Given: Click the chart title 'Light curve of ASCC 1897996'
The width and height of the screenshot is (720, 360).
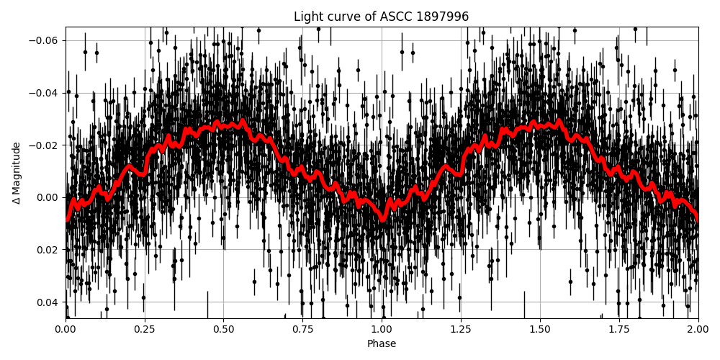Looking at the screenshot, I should pos(381,17).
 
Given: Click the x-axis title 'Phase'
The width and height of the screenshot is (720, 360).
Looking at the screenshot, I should pos(382,344).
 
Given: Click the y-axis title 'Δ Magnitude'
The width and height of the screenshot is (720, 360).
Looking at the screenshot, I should pos(17,173).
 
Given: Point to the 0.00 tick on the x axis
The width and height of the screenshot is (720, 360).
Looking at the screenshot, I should pos(66,330).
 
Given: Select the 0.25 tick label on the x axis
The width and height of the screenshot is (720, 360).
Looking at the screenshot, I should pos(145,330).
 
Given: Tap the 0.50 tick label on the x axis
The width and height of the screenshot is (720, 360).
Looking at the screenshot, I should pos(223,330).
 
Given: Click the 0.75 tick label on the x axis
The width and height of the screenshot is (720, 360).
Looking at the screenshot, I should pos(302,330).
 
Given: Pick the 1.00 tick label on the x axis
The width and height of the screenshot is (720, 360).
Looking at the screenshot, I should pos(382,330).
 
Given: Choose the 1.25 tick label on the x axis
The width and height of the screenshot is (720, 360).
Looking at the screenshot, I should pos(461,330).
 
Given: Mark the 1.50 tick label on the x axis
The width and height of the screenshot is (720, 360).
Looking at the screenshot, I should pos(540,330).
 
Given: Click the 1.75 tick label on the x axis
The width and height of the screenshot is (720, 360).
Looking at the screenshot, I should pos(619,330).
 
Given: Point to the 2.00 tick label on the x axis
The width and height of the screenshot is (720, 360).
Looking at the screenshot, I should pos(698,330).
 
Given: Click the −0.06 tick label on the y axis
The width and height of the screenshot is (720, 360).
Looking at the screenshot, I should pos(45,40).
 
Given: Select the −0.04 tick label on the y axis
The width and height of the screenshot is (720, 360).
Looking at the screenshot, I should pos(45,93).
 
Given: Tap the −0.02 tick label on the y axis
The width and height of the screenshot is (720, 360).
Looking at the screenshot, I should pos(45,145).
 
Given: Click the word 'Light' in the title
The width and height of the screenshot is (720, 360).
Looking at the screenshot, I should pos(307,17).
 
